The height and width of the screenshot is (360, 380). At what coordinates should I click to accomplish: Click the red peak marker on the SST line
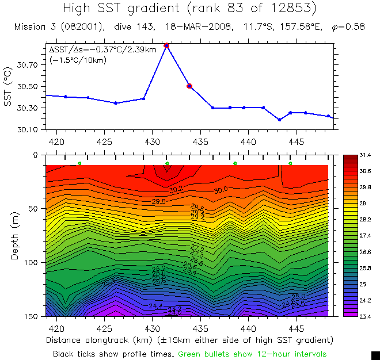point(166,45)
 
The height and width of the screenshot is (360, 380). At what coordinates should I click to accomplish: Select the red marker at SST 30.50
point(189,86)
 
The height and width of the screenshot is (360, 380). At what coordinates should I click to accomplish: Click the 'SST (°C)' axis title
point(7,87)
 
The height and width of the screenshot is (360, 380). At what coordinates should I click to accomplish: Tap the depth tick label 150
point(31,316)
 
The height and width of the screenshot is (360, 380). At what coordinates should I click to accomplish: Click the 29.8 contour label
point(159,202)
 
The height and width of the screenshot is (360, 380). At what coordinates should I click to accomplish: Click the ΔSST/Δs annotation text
point(102,49)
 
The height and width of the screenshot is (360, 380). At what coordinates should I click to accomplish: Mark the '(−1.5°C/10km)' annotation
point(74,59)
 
